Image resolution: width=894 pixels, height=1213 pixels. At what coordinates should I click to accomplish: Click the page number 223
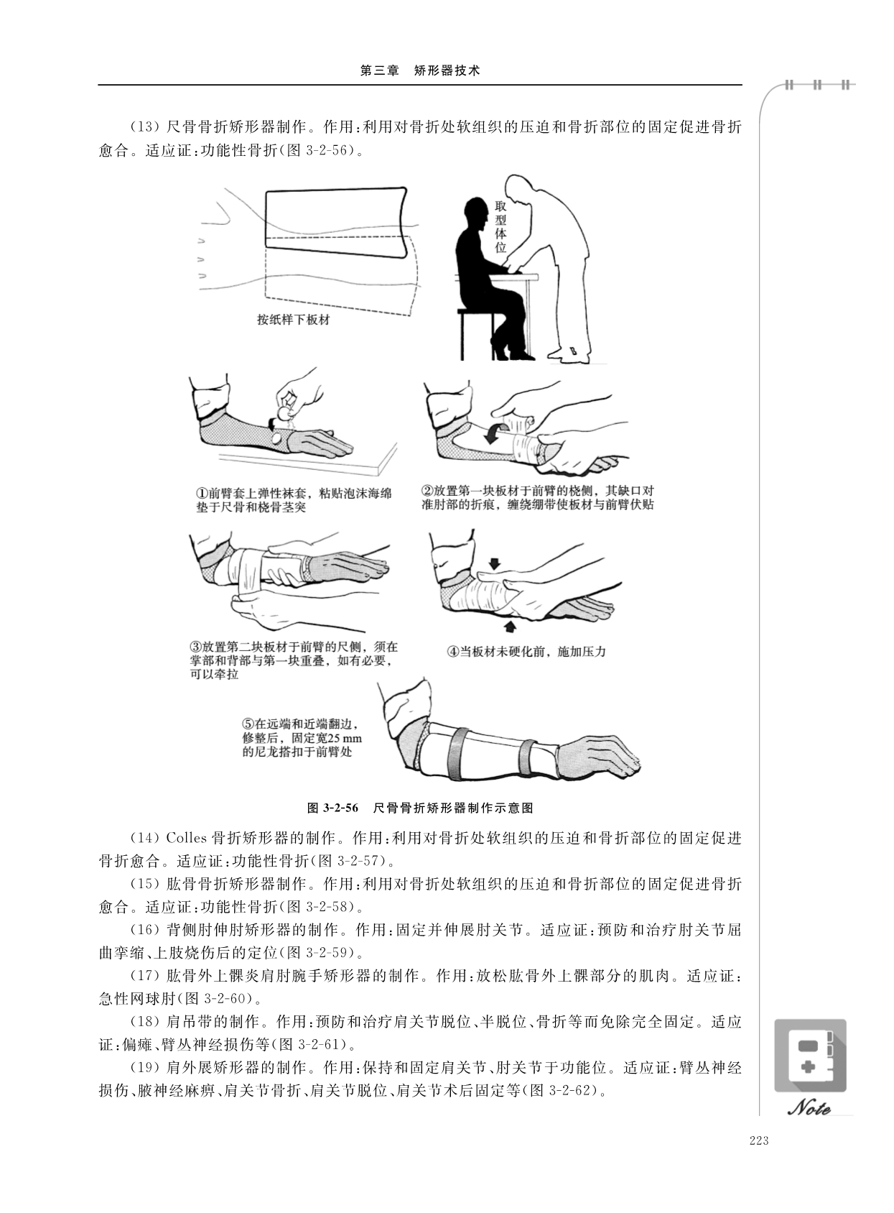pyautogui.click(x=759, y=1140)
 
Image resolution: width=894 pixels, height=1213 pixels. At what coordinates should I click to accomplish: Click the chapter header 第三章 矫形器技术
pyautogui.click(x=420, y=70)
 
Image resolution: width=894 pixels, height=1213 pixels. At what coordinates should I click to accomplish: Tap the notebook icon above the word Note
pyautogui.click(x=810, y=1056)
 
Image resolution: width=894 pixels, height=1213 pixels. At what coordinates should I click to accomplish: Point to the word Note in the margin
pyautogui.click(x=809, y=1107)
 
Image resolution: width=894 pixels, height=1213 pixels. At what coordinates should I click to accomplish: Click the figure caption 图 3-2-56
pyautogui.click(x=332, y=808)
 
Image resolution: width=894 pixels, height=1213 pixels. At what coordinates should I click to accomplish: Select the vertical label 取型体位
pyautogui.click(x=500, y=227)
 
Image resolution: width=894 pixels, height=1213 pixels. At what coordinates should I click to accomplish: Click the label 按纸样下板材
pyautogui.click(x=293, y=320)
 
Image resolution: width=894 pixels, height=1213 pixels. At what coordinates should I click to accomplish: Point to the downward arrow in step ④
pyautogui.click(x=495, y=564)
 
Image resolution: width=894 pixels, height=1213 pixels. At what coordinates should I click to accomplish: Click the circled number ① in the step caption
pyautogui.click(x=202, y=494)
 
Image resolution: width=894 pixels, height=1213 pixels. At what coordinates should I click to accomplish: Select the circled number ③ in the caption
pyautogui.click(x=196, y=647)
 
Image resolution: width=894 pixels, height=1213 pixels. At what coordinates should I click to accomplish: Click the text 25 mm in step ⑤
pyautogui.click(x=342, y=738)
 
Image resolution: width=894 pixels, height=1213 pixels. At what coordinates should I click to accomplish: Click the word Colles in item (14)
pyautogui.click(x=187, y=839)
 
